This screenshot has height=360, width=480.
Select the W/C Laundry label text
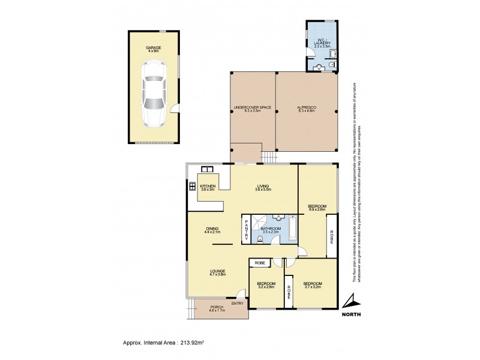(x=322, y=43)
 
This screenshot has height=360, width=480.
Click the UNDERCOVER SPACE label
(x=252, y=107)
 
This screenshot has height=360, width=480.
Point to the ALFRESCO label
(x=306, y=107)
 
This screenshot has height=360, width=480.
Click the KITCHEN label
(x=207, y=186)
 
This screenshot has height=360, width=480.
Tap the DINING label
(x=212, y=228)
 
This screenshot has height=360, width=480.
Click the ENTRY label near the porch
(x=238, y=302)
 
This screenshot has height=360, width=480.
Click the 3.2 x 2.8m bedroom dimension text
(x=266, y=287)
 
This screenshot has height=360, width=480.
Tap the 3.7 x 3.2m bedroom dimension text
(x=312, y=287)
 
